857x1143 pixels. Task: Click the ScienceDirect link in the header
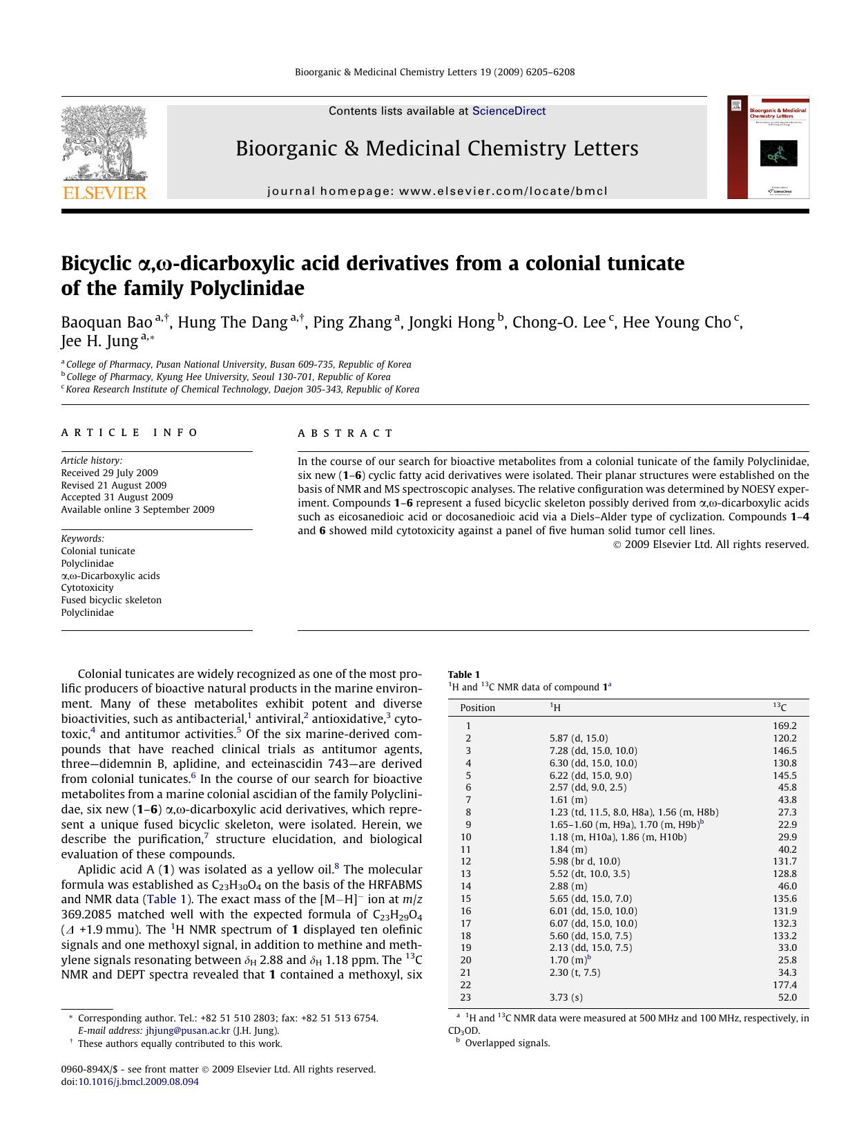[508, 111]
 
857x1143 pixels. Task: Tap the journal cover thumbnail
[767, 147]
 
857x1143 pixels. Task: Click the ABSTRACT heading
[345, 433]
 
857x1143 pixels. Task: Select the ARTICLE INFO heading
[130, 433]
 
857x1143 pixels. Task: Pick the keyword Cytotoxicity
[88, 588]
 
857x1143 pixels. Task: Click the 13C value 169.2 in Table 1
[784, 726]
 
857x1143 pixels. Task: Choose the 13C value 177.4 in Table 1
[784, 985]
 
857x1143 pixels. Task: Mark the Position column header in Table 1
[478, 708]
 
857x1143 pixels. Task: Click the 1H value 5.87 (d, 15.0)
[579, 738]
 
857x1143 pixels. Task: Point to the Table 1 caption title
[464, 674]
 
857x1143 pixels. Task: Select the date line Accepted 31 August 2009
[117, 497]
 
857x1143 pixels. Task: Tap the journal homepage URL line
[437, 191]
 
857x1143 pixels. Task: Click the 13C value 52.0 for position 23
[787, 997]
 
